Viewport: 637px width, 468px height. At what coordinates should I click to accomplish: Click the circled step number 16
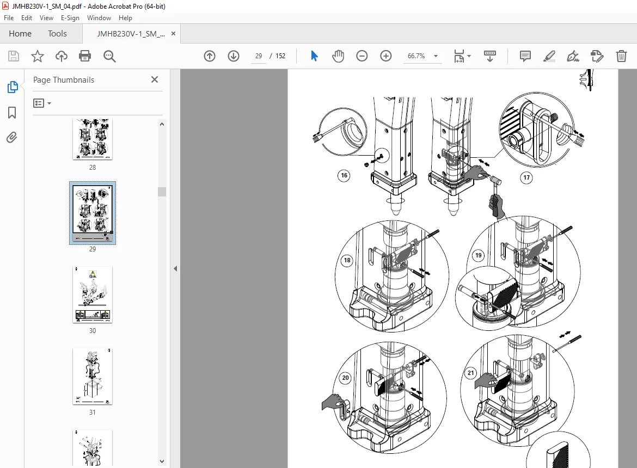pyautogui.click(x=344, y=175)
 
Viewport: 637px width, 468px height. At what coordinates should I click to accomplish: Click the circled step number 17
pyautogui.click(x=526, y=177)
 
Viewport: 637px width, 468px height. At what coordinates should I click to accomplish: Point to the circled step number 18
pyautogui.click(x=347, y=260)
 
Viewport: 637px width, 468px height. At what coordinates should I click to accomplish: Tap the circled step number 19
pyautogui.click(x=479, y=255)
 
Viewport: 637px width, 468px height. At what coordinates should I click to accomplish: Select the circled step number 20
pyautogui.click(x=345, y=378)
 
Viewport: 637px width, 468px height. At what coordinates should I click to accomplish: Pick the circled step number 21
pyautogui.click(x=471, y=373)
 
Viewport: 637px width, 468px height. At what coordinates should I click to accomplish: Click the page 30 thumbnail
pyautogui.click(x=93, y=295)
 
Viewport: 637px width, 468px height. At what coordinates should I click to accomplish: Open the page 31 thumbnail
pyautogui.click(x=93, y=376)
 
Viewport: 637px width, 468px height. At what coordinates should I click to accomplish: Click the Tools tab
pyautogui.click(x=57, y=34)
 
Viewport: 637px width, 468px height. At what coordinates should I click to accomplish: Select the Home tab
pyautogui.click(x=20, y=34)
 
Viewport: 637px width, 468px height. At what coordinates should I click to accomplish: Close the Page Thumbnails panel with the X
pyautogui.click(x=155, y=79)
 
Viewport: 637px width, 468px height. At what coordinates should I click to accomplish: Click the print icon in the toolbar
pyautogui.click(x=85, y=56)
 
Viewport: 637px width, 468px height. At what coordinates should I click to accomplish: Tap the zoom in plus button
pyautogui.click(x=386, y=56)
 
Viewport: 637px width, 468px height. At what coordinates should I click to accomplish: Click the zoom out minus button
pyautogui.click(x=362, y=56)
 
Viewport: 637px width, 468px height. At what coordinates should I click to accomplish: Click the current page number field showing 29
pyautogui.click(x=259, y=56)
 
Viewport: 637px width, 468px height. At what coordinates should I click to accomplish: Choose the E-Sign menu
pyautogui.click(x=70, y=18)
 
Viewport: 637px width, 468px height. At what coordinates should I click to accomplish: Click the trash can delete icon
pyautogui.click(x=622, y=56)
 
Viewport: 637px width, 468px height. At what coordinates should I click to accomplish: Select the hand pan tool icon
pyautogui.click(x=338, y=56)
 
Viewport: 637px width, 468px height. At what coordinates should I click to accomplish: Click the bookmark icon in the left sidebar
pyautogui.click(x=12, y=113)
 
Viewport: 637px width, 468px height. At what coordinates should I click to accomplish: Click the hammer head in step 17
pyautogui.click(x=496, y=180)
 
